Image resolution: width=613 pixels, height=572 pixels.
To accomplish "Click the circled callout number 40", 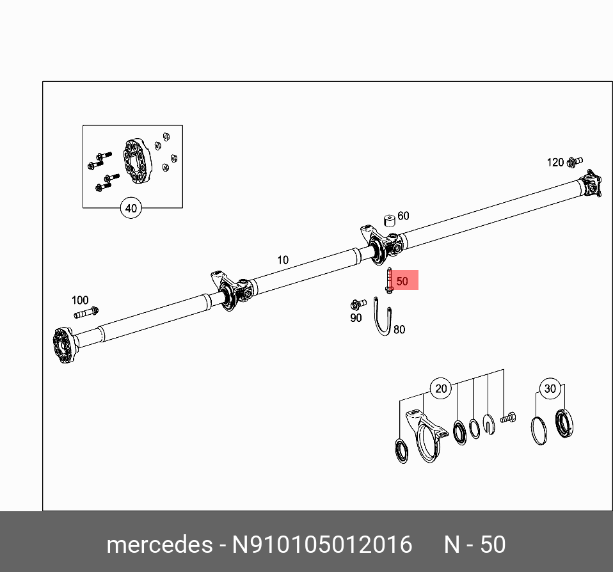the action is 131,208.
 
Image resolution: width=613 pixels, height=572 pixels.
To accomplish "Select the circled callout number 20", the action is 441,388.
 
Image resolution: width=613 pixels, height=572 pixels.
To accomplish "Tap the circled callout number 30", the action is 550,388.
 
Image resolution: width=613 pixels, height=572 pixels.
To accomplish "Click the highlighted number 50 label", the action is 402,281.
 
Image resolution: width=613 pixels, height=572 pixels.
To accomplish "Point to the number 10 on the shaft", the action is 283,260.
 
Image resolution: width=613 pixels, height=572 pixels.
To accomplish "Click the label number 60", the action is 403,216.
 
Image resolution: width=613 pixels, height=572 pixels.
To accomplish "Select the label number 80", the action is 399,330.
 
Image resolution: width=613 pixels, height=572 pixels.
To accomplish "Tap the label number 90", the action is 356,318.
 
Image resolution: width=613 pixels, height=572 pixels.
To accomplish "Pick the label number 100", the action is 80,300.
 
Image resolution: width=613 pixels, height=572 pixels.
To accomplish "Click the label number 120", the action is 555,163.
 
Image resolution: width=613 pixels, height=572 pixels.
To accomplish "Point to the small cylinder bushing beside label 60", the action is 388,220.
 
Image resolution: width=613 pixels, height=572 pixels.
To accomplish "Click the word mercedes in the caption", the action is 159,544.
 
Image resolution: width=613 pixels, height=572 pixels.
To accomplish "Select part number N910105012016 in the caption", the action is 322,544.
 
